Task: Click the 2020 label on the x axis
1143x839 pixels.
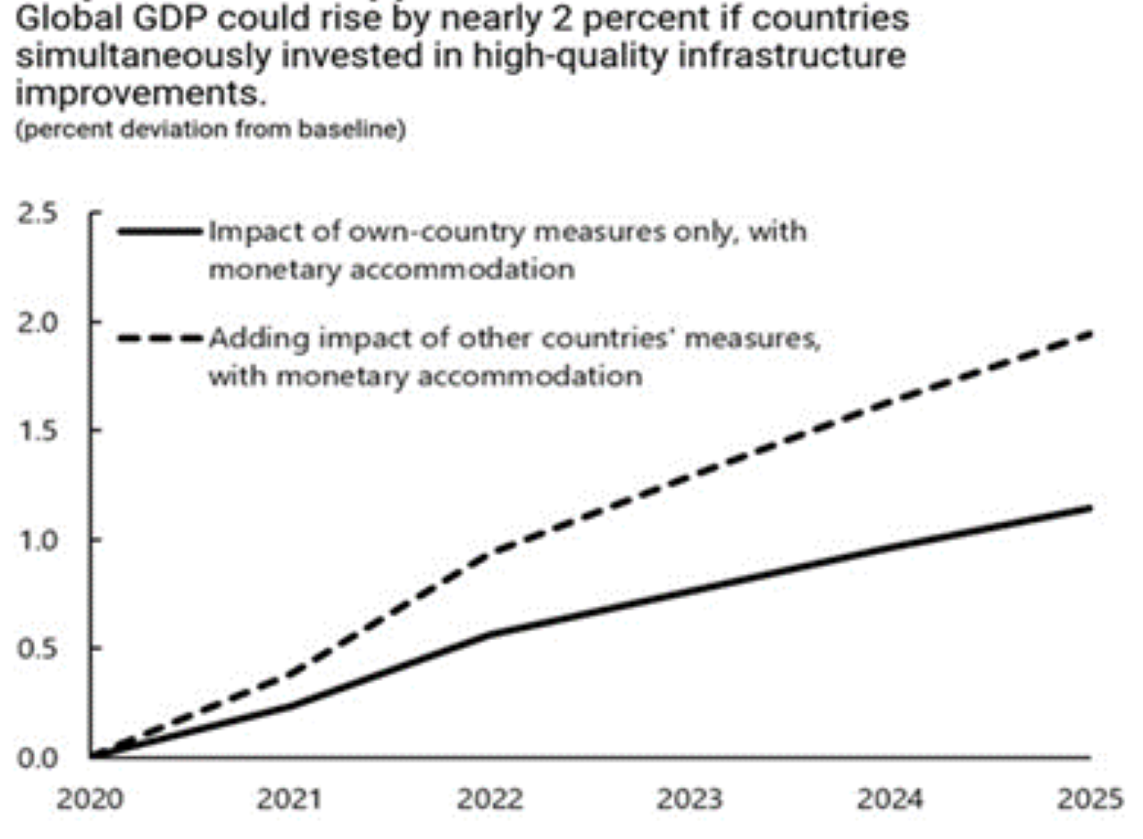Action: tap(89, 799)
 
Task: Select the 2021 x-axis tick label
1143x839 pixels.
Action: tap(290, 799)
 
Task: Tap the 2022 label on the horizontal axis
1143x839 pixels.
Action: tap(490, 799)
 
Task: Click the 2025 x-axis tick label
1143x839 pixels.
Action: tap(1090, 799)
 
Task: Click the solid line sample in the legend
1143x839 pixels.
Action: tap(160, 232)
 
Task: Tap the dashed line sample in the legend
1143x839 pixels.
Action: tap(160, 339)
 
